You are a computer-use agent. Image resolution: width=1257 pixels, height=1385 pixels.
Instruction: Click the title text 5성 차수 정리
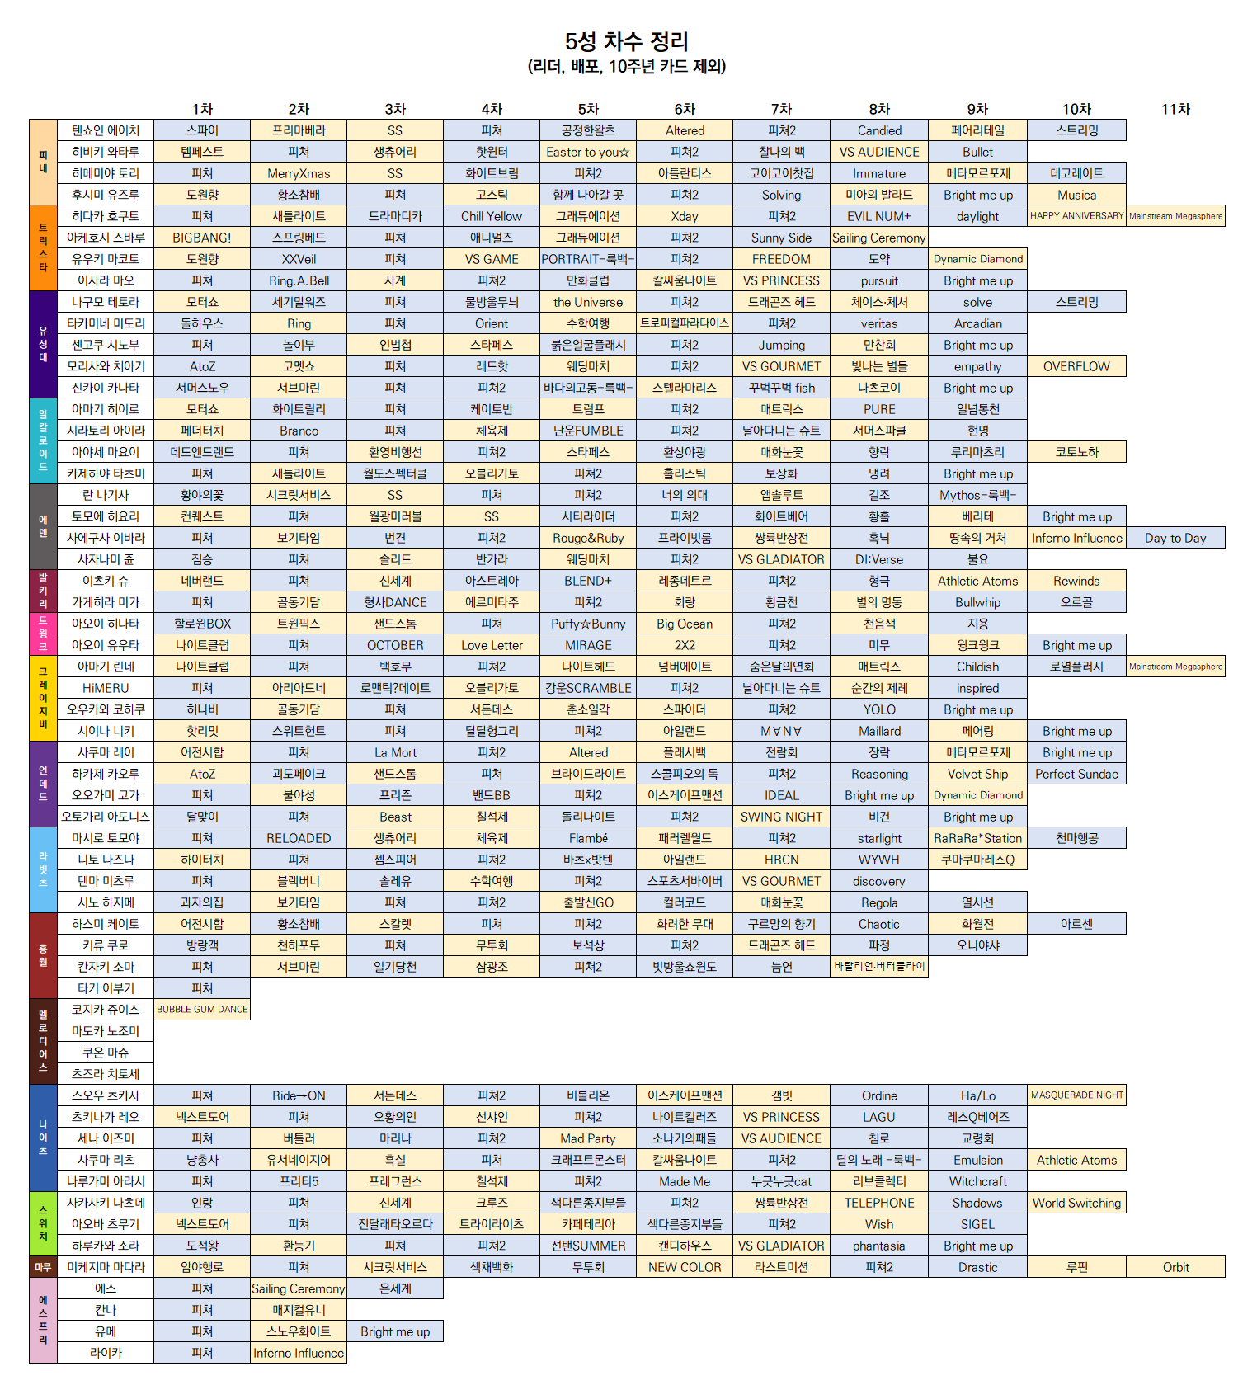[627, 41]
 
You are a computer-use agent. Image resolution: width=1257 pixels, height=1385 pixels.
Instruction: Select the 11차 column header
[1175, 109]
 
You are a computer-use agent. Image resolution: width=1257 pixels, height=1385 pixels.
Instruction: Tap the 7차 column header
[781, 109]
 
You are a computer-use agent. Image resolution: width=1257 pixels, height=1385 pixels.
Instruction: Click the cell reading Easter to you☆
[587, 152]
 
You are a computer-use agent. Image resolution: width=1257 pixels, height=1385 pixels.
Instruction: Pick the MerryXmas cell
[299, 173]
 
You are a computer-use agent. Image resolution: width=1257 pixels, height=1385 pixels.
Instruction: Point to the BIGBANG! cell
[202, 238]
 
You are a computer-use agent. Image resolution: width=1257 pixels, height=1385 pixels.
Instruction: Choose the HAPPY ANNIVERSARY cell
[1076, 216]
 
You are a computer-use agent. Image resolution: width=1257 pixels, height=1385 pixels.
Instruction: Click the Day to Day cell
[1175, 538]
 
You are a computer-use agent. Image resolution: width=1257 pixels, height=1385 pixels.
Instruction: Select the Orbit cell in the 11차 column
[1175, 1267]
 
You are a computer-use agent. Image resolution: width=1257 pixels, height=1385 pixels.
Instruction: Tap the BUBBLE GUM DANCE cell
[202, 1010]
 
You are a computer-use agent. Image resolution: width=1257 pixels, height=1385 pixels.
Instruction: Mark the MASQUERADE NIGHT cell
[1076, 1095]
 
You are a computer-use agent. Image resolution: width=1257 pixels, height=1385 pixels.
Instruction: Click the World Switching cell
[1076, 1203]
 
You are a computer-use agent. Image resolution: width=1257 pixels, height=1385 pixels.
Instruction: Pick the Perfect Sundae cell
[1076, 774]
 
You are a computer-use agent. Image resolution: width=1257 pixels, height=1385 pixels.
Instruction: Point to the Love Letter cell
[492, 645]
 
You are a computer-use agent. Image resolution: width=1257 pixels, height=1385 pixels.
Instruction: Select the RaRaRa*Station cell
[977, 838]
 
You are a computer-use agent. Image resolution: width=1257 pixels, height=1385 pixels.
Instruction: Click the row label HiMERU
[106, 688]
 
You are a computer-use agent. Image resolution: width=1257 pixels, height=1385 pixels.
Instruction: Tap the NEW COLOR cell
[685, 1267]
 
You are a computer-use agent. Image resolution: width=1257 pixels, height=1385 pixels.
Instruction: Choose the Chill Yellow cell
[492, 216]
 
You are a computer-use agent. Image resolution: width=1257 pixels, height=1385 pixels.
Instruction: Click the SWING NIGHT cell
[781, 817]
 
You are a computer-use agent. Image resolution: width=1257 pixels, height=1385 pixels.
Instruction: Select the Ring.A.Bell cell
[299, 280]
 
